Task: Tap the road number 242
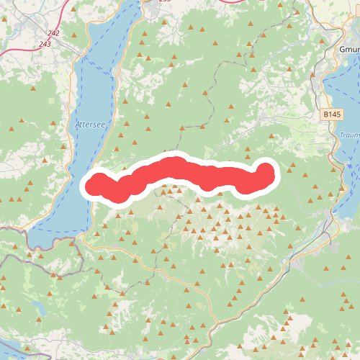point(53,34)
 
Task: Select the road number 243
point(45,45)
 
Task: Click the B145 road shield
point(331,114)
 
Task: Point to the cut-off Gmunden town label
point(348,50)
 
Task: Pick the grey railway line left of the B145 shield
point(315,108)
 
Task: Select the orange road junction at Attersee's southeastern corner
point(86,235)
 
